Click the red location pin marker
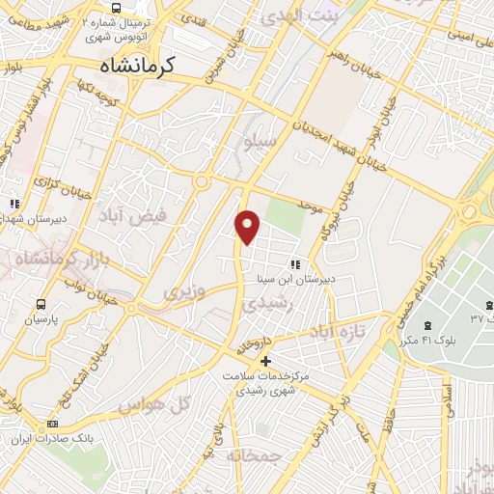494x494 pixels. (x=248, y=226)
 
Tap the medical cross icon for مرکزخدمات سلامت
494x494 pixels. (x=266, y=361)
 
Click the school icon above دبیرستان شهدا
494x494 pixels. (x=14, y=204)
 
